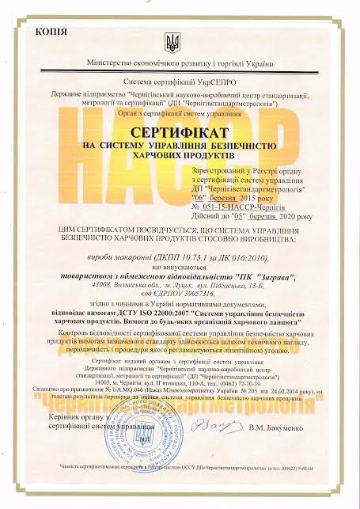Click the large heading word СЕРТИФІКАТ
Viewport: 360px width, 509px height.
(178, 135)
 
